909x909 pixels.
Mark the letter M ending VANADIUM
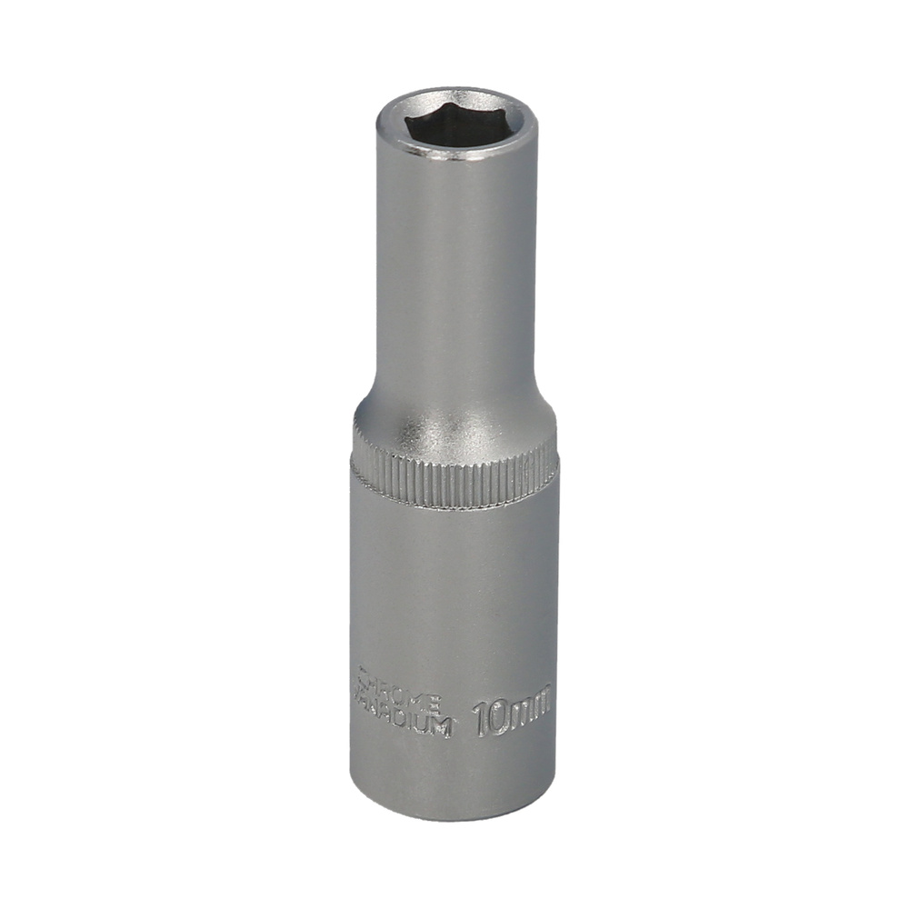tap(442, 727)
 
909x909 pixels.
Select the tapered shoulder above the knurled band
tap(454, 423)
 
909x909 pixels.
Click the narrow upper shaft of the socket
tap(455, 273)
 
